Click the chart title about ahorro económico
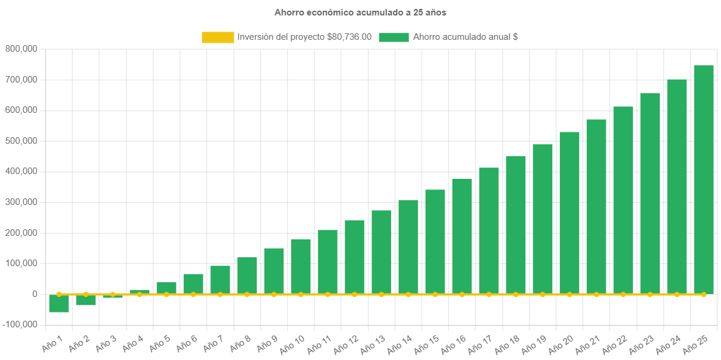pos(360,12)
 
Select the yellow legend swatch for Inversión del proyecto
pos(218,37)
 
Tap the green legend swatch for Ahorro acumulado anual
pos(393,37)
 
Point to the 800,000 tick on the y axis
pos(21,49)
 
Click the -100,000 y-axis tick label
pos(19,324)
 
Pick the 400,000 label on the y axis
pos(21,171)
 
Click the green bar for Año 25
pos(704,178)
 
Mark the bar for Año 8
pos(247,276)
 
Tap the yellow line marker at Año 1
pos(59,294)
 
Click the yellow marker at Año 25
pos(704,294)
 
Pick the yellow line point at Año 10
pos(301,294)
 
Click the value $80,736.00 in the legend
pos(350,37)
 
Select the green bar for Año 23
pos(650,193)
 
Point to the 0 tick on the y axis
pos(35,294)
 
